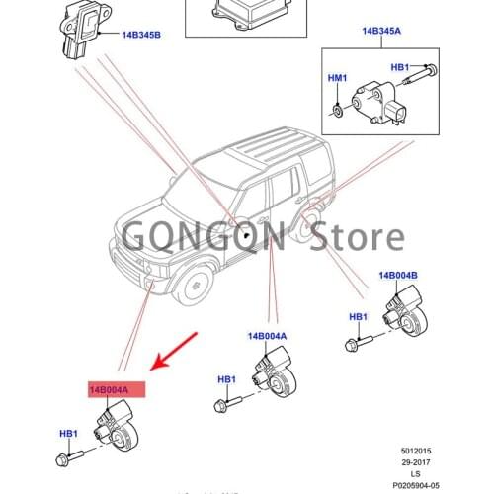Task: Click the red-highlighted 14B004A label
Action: coord(117,390)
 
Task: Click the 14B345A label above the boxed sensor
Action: coord(381,33)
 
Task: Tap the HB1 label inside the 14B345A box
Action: coord(400,68)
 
